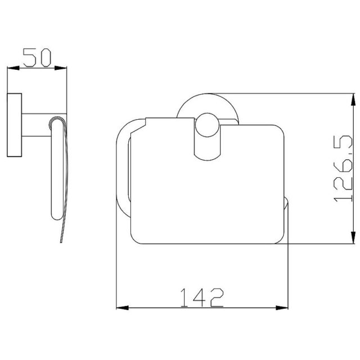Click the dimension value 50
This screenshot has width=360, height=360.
(37, 57)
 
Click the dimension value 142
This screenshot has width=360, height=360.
(202, 298)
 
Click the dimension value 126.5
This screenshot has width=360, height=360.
(343, 169)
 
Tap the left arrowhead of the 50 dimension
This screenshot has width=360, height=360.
(13, 68)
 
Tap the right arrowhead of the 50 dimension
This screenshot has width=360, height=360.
(61, 68)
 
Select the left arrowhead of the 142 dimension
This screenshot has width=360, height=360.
(123, 308)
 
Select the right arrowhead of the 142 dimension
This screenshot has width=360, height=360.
(282, 308)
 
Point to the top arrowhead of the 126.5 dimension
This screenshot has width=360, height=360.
(354, 100)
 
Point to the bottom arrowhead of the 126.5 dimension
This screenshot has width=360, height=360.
(354, 237)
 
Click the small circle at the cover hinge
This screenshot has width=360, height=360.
(207, 125)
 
